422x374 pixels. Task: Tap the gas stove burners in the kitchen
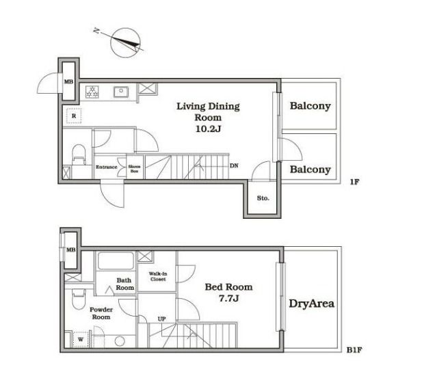pos(92,92)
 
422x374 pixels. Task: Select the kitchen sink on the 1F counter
pos(121,92)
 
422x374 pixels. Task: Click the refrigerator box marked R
pos(74,116)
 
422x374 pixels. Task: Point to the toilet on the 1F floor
pos(79,155)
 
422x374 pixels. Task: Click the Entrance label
pos(107,167)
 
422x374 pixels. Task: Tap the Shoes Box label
pos(134,169)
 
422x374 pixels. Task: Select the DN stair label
pos(234,165)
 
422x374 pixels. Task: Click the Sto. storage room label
pos(263,198)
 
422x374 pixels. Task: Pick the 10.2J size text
pos(208,129)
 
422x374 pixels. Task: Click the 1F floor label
pos(354,182)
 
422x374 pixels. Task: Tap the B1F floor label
pos(354,350)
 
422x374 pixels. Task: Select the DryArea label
pos(311,304)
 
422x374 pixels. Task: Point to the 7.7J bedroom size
pos(228,298)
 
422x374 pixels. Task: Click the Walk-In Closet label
pos(158,276)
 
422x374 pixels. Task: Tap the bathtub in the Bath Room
pos(116,261)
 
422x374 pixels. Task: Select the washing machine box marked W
pos(81,339)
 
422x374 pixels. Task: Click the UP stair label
pos(161,319)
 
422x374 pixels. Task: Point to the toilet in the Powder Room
pos(79,299)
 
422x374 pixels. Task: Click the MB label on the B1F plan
pos(70,250)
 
